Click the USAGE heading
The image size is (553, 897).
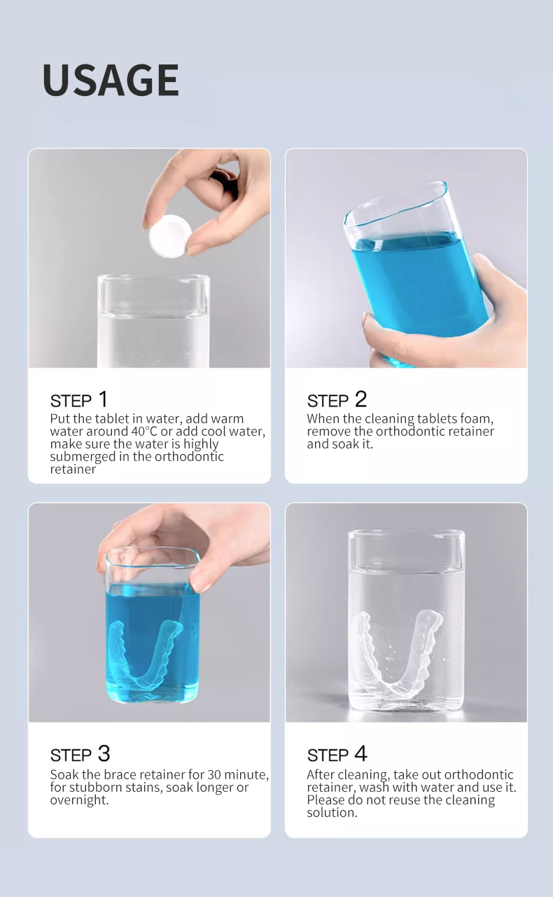coord(111,80)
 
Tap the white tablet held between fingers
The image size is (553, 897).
coord(170,236)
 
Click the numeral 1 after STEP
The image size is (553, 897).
coord(103,399)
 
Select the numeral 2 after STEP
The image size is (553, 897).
coord(360,399)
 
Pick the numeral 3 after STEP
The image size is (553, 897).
coord(104,753)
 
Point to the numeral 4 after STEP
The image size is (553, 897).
coord(361,753)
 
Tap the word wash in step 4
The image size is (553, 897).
coord(373,787)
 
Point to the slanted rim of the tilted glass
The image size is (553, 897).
coord(396,203)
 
